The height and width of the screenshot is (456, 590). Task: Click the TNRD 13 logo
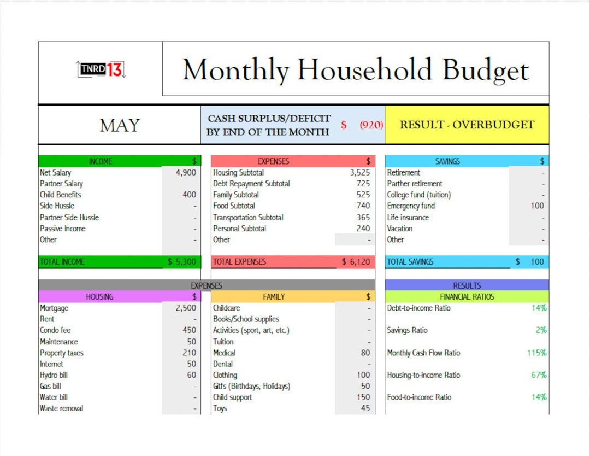(x=101, y=69)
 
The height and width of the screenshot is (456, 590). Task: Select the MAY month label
(x=119, y=125)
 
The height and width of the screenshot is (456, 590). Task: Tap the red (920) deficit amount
(x=371, y=125)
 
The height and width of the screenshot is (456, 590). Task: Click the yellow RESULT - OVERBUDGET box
(x=467, y=125)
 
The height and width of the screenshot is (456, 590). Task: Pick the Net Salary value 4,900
(x=186, y=173)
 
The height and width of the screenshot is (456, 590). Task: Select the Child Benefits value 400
(x=189, y=195)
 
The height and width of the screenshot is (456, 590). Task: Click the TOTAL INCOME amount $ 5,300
(x=182, y=262)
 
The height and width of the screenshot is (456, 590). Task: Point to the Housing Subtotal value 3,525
(x=359, y=173)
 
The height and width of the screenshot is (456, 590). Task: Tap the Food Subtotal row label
(x=234, y=206)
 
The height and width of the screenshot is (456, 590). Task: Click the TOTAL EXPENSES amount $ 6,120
(x=356, y=262)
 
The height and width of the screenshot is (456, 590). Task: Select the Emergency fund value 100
(x=537, y=206)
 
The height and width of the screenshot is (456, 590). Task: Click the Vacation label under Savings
(x=400, y=229)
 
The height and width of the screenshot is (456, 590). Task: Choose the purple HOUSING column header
(x=100, y=297)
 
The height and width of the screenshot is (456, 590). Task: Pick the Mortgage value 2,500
(x=186, y=308)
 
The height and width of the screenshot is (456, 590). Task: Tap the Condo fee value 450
(x=189, y=330)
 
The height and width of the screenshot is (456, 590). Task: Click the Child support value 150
(x=363, y=397)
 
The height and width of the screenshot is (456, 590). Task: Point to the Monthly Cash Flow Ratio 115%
(x=536, y=353)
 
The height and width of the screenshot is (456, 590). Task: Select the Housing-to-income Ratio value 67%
(x=539, y=375)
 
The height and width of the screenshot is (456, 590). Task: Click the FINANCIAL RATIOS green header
(x=467, y=297)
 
